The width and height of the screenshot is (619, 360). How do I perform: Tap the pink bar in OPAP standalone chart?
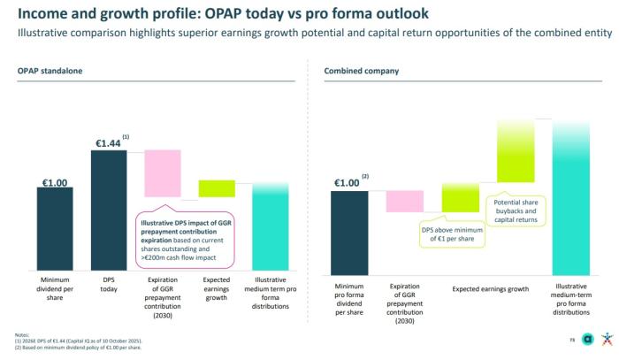coord(163,172)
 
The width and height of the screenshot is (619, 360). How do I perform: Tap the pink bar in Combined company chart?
coord(403,201)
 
